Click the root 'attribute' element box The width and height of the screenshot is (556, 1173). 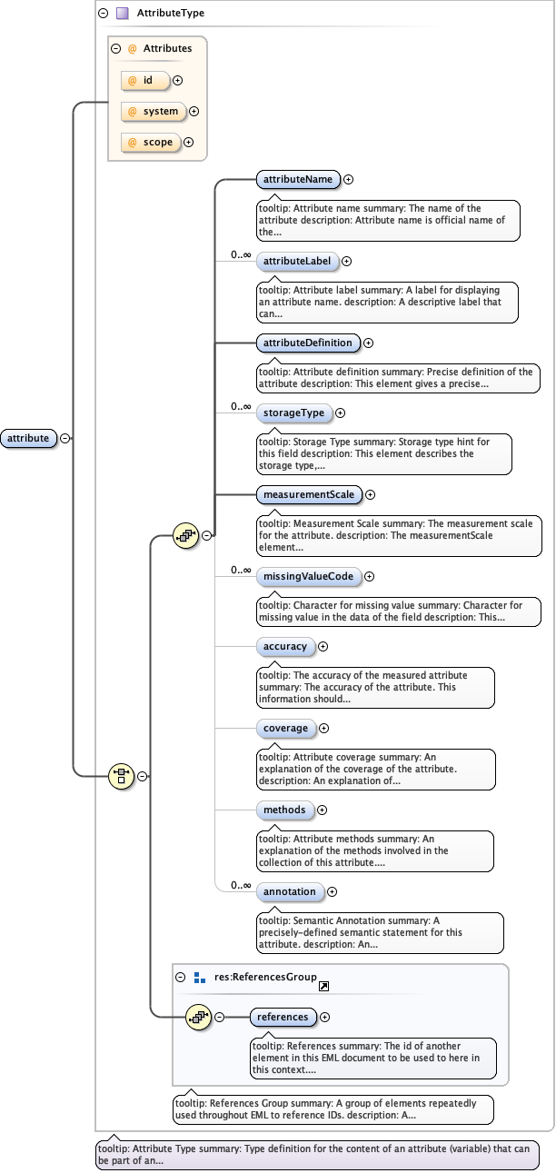[x=28, y=438]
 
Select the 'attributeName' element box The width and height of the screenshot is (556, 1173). [x=298, y=180]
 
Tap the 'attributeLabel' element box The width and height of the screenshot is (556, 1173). [x=297, y=262]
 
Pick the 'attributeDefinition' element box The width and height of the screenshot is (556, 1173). [x=308, y=343]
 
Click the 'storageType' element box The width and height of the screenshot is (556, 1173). [x=293, y=413]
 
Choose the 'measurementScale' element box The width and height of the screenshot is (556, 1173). [x=309, y=494]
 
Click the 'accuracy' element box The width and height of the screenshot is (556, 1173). [x=285, y=646]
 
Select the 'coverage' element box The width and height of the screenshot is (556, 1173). [x=285, y=728]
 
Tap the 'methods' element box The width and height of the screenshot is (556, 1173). [x=284, y=810]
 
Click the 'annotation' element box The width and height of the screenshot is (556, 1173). [x=290, y=891]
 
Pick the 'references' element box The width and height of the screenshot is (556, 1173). [x=283, y=1017]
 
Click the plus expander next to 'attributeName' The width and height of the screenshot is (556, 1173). [x=348, y=180]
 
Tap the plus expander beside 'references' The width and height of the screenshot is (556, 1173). [x=324, y=1017]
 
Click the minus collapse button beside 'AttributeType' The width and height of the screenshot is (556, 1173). [x=104, y=14]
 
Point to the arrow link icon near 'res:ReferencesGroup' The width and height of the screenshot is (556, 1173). [x=323, y=986]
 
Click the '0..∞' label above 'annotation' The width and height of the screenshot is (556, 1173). [x=241, y=884]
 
